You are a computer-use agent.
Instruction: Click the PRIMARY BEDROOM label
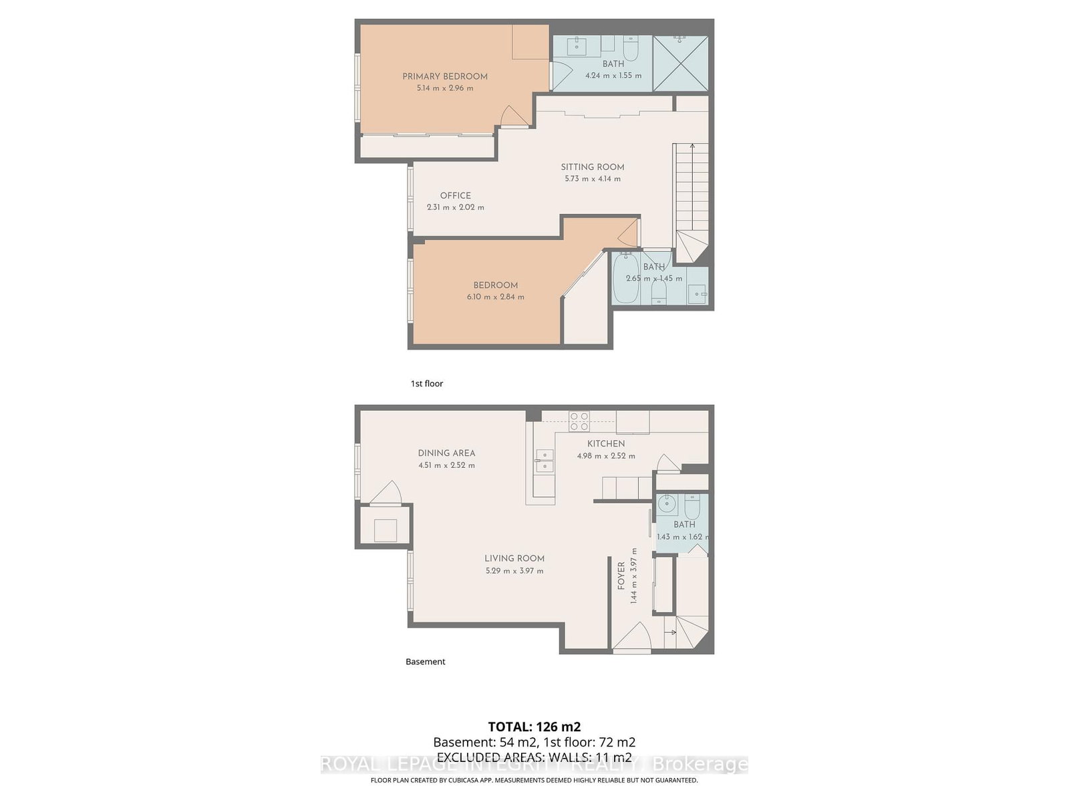click(x=444, y=76)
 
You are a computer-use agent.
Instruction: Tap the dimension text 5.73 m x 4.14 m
click(x=592, y=179)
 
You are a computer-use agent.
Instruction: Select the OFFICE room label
click(x=455, y=195)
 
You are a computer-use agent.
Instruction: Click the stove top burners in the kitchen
click(x=579, y=420)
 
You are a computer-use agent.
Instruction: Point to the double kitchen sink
click(x=544, y=461)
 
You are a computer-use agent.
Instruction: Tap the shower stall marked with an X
click(x=679, y=63)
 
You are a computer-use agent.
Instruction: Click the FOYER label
click(x=621, y=575)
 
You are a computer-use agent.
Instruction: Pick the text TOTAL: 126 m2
click(x=534, y=726)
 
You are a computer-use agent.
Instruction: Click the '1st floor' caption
click(x=427, y=384)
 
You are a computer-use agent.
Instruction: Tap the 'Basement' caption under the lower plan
click(x=425, y=662)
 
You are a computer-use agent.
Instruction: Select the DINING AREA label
click(x=446, y=452)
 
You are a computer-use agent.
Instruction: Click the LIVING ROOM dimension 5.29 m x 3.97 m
click(x=514, y=571)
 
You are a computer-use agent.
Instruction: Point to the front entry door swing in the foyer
click(x=631, y=637)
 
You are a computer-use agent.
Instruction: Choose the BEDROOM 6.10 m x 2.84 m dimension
click(x=495, y=297)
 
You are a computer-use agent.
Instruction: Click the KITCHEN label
click(x=606, y=444)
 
